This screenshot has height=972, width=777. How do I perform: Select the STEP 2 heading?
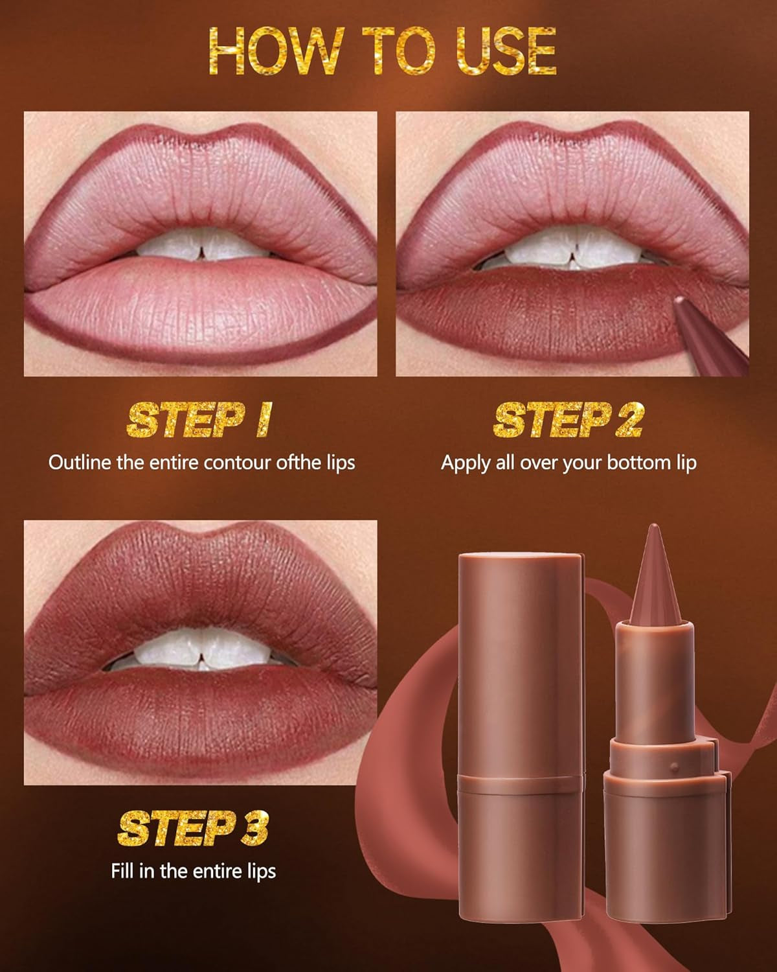(569, 421)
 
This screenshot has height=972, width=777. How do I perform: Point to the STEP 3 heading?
(193, 829)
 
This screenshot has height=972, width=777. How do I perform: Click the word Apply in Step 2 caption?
(464, 463)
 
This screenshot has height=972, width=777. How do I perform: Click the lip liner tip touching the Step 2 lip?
(679, 302)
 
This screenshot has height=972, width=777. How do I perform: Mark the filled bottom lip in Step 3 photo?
(201, 719)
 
